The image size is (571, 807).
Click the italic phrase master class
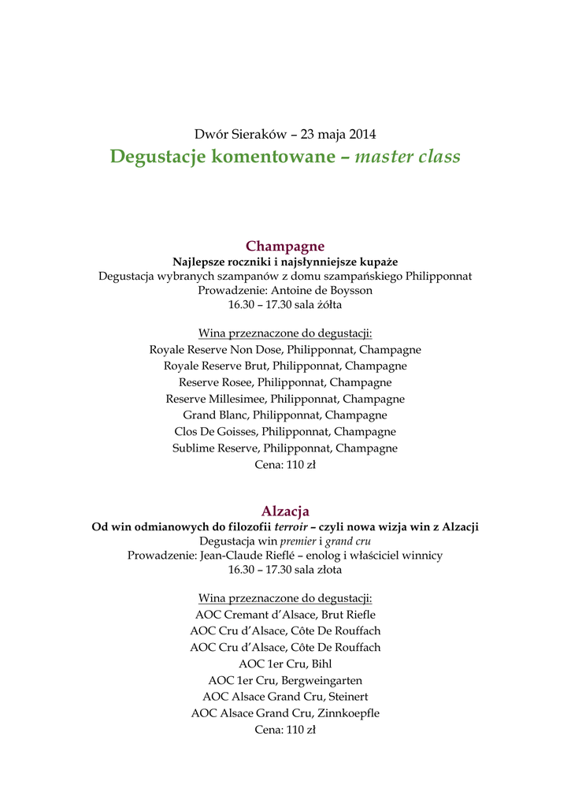407,157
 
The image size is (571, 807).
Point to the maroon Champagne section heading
285,246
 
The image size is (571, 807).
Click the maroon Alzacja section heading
285,511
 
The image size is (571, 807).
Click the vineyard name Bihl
322,664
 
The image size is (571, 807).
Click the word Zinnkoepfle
348,713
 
